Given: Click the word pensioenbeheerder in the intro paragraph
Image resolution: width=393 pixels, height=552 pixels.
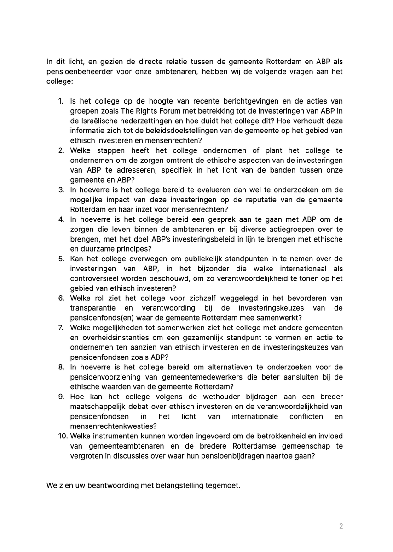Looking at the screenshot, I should [x=77, y=71].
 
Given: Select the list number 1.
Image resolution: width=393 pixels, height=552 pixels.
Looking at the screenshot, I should [x=61, y=101].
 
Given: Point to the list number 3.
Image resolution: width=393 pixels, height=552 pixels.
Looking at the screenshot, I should [x=61, y=190].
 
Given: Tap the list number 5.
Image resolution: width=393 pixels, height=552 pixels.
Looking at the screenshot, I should [x=61, y=259].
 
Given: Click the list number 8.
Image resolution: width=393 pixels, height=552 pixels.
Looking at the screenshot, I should [x=61, y=368].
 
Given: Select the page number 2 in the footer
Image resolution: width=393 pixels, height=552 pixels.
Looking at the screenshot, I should [x=341, y=526].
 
